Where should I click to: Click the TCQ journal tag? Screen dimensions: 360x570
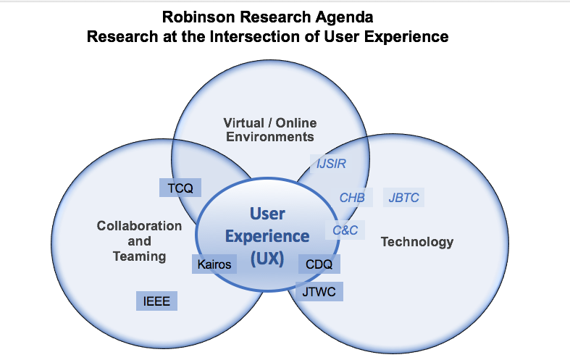(x=180, y=188)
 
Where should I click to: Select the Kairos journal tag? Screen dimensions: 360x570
(x=214, y=264)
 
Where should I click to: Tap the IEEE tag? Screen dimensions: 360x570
(x=156, y=301)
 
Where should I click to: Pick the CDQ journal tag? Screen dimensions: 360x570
(x=319, y=264)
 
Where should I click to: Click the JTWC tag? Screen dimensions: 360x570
(x=319, y=291)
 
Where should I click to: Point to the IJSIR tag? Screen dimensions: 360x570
(x=331, y=164)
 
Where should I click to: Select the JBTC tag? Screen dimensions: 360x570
(x=403, y=197)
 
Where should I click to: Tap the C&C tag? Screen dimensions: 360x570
(x=344, y=230)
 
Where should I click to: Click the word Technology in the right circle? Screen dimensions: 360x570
(x=416, y=242)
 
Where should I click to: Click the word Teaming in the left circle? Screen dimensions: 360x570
(x=139, y=256)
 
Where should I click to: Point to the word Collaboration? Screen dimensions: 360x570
(x=139, y=226)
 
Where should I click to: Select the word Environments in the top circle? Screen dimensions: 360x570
(x=269, y=136)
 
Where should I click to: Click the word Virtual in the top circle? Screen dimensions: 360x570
(x=242, y=122)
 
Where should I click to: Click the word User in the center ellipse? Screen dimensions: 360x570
(x=267, y=214)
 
